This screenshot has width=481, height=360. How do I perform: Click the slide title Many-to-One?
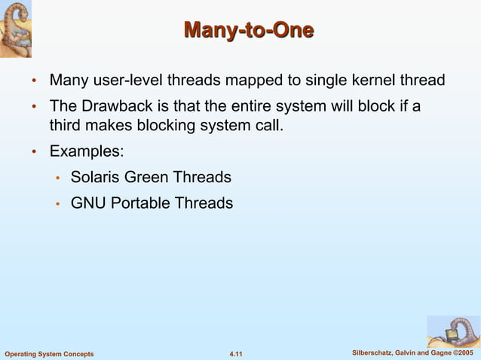click(248, 31)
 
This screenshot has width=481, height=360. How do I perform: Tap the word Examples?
click(87, 151)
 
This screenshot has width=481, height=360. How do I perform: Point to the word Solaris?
click(95, 178)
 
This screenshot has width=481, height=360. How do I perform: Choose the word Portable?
click(140, 203)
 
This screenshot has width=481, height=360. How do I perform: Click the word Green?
click(147, 178)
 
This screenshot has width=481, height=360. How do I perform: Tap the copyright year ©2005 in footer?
click(461, 353)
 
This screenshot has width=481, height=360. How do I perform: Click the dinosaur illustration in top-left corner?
click(21, 29)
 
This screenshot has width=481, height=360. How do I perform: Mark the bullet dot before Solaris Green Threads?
click(57, 178)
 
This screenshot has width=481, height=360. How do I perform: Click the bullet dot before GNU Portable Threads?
click(57, 204)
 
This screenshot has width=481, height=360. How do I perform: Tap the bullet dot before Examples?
click(34, 152)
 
